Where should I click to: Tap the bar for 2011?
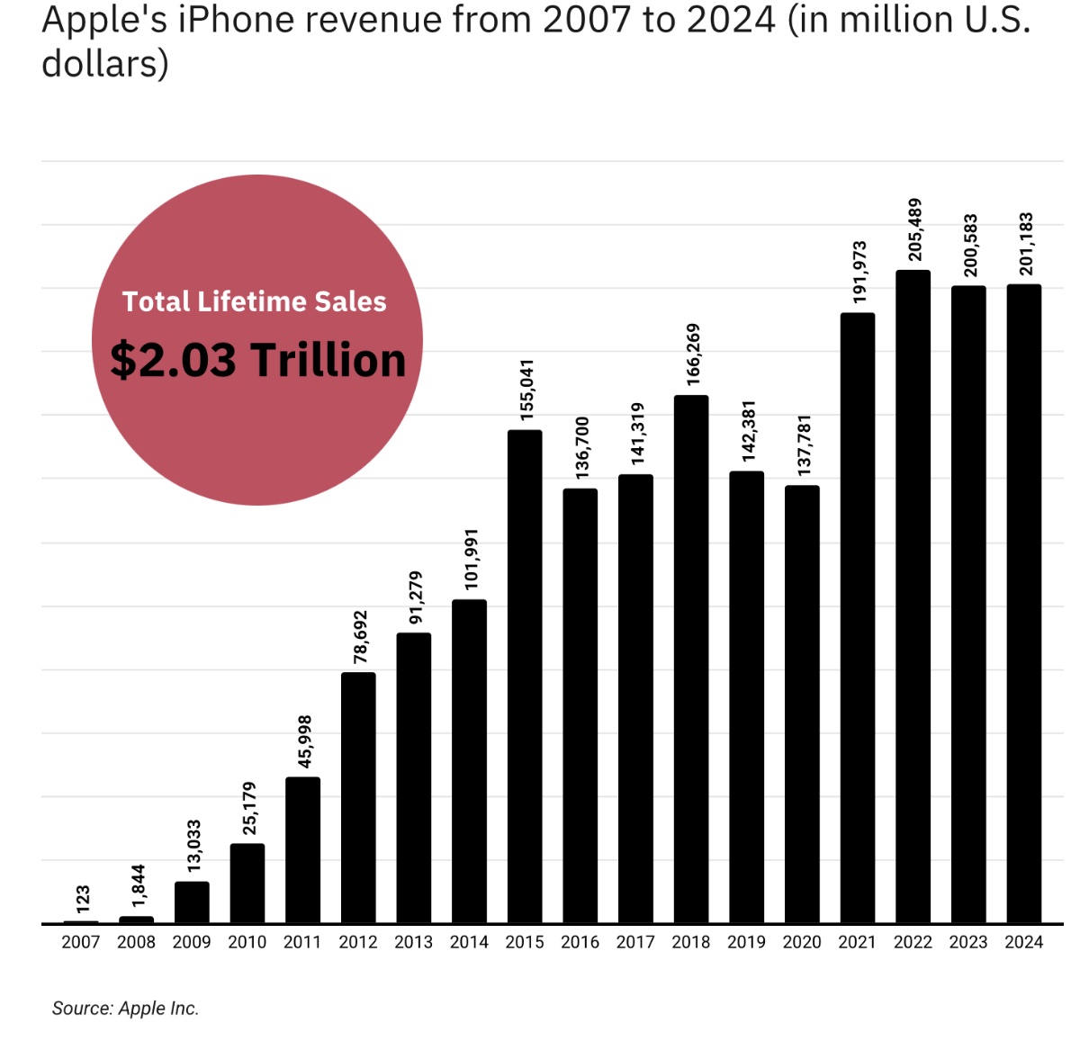click(302, 850)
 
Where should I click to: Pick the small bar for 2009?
click(192, 902)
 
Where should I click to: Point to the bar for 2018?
click(691, 660)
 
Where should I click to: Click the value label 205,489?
click(915, 229)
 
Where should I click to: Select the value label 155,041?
click(527, 390)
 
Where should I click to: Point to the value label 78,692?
click(361, 637)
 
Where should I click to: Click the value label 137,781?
click(805, 445)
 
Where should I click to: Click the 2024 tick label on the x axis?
click(1023, 942)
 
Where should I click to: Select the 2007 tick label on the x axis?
click(80, 942)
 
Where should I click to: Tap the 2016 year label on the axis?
click(580, 942)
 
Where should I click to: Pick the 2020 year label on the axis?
click(801, 942)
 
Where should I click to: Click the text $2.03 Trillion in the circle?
click(257, 360)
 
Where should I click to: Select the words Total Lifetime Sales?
click(255, 301)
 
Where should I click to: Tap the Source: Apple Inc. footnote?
click(125, 1009)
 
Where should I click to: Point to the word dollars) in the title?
click(104, 64)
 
